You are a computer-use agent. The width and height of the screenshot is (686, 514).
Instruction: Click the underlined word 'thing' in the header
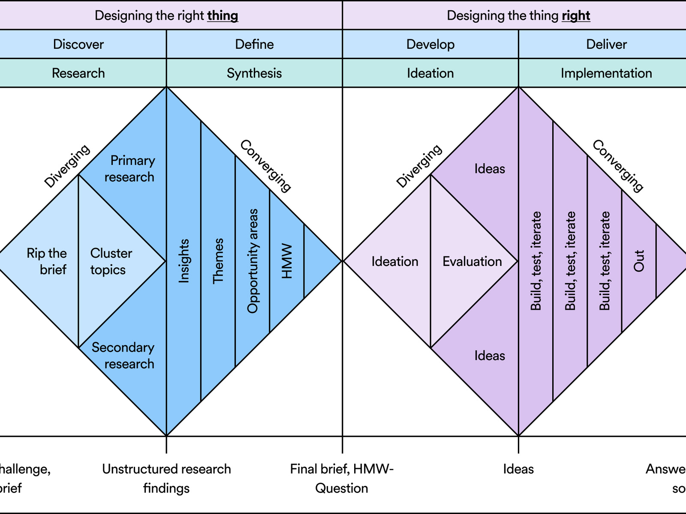[x=223, y=16]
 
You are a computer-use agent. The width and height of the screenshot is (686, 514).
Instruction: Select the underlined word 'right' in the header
[x=576, y=16]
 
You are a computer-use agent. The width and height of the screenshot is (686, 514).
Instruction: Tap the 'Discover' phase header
[x=78, y=45]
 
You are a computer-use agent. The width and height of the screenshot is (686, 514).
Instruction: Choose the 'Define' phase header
[x=254, y=45]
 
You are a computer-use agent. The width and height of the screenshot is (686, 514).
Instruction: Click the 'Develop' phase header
[x=430, y=45]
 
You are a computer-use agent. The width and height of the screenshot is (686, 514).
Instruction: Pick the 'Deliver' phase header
[x=606, y=45]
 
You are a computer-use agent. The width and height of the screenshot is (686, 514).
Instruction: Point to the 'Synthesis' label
[x=254, y=73]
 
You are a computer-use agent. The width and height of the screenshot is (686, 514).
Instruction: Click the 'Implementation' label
[x=606, y=73]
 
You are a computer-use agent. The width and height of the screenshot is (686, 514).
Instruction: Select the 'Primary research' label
[x=130, y=169]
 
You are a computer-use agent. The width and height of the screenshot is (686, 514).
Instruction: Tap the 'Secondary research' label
[x=123, y=356]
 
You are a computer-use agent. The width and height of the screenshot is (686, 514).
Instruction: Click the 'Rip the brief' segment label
[x=47, y=261]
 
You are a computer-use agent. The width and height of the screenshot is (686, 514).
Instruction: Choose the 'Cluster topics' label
[x=110, y=261]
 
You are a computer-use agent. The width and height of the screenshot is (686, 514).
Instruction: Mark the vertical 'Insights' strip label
[x=184, y=261]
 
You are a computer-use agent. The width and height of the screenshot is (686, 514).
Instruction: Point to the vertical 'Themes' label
[x=218, y=261]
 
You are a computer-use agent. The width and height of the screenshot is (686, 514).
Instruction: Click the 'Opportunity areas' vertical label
[x=253, y=261]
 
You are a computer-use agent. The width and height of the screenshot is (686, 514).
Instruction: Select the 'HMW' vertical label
[x=287, y=261]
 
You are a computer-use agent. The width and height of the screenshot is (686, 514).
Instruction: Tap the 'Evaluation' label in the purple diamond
[x=472, y=261]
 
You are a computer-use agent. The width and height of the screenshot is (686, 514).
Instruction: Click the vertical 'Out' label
[x=639, y=261]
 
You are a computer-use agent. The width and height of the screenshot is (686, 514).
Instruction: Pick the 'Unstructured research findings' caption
[x=166, y=478]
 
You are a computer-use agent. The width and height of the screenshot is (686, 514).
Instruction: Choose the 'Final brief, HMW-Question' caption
[x=342, y=478]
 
